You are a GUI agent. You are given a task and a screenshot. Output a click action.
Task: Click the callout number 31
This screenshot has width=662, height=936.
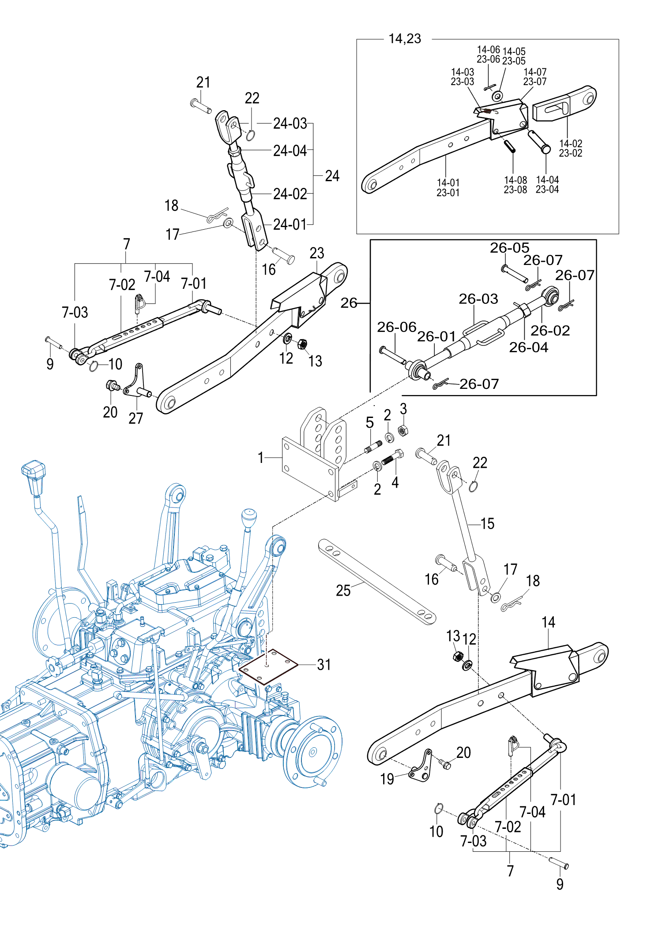[x=324, y=664]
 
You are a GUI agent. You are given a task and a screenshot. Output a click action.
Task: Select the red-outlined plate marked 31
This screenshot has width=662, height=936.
[x=268, y=667]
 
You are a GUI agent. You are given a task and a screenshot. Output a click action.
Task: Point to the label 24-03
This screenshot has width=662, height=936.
[x=290, y=123]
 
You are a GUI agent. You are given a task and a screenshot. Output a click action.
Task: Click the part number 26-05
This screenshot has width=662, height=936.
[x=509, y=248]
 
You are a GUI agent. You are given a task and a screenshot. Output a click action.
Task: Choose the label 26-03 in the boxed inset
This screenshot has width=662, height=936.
[x=478, y=299]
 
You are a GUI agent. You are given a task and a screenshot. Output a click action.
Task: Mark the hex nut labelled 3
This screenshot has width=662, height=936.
[x=402, y=430]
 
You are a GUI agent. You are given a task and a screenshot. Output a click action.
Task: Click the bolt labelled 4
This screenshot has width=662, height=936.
[x=392, y=459]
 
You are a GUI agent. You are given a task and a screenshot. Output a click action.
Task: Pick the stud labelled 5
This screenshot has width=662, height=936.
[x=373, y=447]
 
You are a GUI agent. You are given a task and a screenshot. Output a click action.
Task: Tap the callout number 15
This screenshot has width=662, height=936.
[x=487, y=524]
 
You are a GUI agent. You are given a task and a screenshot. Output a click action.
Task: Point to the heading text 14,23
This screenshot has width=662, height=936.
[x=405, y=39]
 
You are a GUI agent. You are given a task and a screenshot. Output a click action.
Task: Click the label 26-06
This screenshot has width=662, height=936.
[x=396, y=327]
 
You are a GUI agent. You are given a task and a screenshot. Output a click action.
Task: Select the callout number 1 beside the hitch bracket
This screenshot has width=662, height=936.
[x=261, y=458]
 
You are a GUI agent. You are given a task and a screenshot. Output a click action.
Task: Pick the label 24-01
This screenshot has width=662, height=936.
[x=290, y=224]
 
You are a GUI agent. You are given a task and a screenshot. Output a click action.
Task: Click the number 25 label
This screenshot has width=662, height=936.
[x=343, y=591]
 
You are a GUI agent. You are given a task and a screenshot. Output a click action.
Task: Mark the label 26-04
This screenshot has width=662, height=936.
[x=529, y=347]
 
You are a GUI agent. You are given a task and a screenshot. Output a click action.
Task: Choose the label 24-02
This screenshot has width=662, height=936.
[x=290, y=194]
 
